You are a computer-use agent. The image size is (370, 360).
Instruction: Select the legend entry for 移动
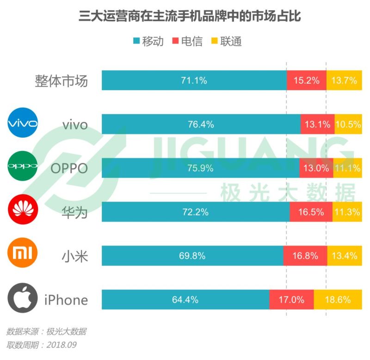[x=148, y=41]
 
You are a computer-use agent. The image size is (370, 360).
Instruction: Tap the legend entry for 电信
[x=187, y=41]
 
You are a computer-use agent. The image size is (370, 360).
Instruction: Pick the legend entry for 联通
[x=227, y=41]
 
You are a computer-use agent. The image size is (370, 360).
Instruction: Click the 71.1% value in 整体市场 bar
[x=194, y=80]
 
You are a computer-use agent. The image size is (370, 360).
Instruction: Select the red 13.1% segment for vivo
[x=317, y=124]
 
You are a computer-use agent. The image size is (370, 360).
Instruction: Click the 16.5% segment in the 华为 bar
[x=311, y=212]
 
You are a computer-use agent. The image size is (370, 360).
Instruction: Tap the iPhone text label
[x=66, y=300]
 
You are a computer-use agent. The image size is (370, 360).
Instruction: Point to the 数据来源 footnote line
[x=46, y=331]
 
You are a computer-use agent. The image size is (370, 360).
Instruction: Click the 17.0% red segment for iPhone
[x=291, y=300]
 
